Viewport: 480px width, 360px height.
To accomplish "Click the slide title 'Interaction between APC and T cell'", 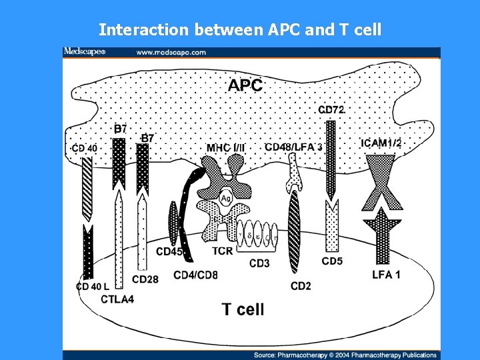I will click(240, 29).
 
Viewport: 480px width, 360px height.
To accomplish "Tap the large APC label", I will click(245, 85).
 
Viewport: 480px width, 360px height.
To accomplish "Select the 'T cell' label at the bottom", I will click(243, 309).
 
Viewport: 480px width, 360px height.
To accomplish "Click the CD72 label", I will click(331, 110).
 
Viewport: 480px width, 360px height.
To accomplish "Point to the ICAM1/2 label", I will click(381, 143).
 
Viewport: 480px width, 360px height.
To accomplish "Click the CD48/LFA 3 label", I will click(294, 147).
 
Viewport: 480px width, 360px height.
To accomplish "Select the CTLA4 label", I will click(117, 299).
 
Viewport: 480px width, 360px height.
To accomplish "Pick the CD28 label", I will click(145, 279).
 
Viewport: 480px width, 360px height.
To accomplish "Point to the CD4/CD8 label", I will click(195, 274).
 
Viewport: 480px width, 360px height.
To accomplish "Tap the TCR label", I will click(223, 251).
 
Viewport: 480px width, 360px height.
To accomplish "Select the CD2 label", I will click(301, 286).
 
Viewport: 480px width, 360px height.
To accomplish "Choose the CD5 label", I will click(332, 261).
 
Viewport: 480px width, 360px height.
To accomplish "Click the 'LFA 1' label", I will click(386, 275).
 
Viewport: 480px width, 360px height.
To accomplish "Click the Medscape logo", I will click(84, 52).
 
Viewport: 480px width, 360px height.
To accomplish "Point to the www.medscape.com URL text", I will click(171, 52).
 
